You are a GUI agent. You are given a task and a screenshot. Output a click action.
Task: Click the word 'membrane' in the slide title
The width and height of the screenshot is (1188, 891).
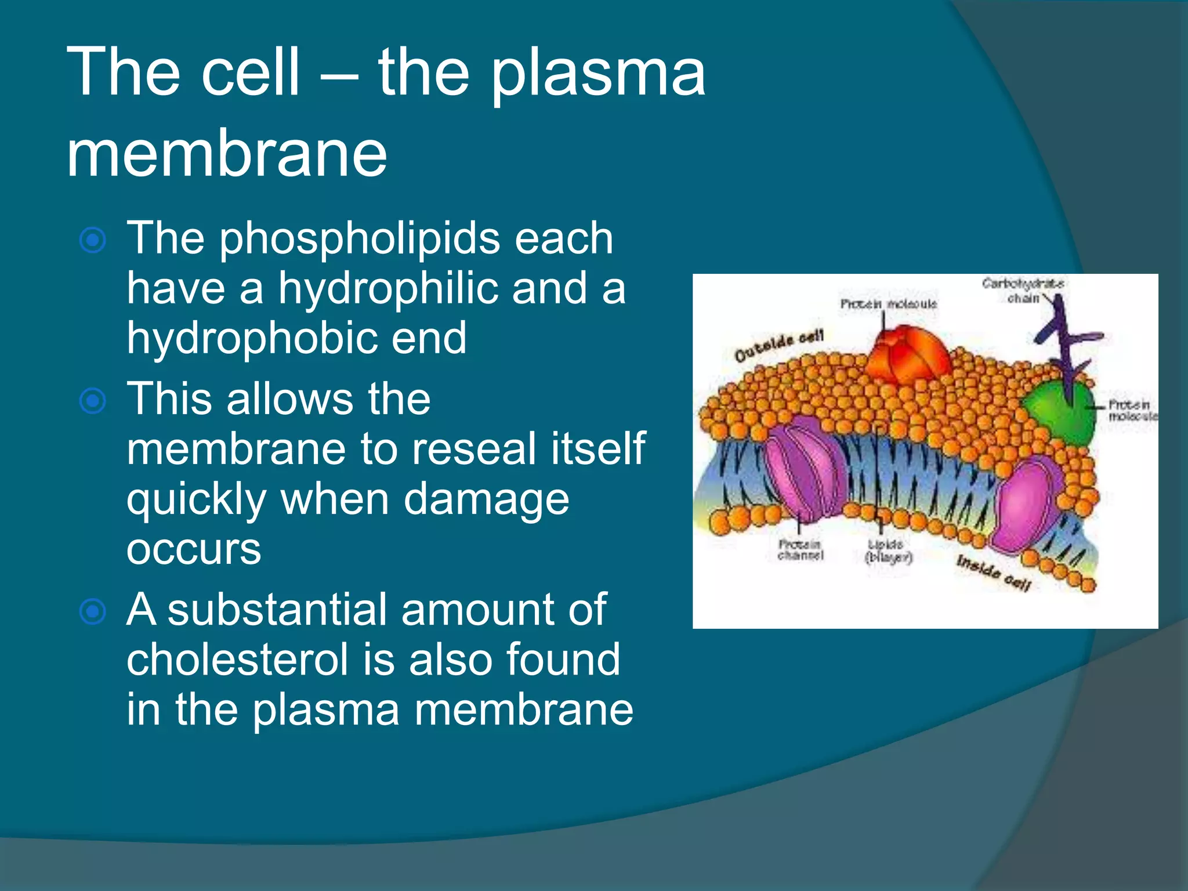click(226, 154)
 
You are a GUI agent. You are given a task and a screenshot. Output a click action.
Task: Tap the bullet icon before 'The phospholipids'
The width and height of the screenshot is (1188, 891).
click(93, 240)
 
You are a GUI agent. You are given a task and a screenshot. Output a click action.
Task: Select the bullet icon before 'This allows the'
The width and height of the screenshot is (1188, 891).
click(93, 401)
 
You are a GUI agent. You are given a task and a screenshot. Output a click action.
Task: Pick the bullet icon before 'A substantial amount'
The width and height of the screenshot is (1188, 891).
click(93, 611)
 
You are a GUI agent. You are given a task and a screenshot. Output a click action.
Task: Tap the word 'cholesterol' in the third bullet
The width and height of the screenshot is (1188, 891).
click(238, 660)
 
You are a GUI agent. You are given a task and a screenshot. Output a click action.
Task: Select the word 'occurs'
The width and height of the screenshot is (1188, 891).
click(194, 549)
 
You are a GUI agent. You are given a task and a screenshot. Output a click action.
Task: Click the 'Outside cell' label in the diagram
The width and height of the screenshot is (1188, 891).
click(778, 346)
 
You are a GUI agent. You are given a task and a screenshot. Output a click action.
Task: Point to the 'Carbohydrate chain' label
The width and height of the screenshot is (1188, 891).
click(1022, 290)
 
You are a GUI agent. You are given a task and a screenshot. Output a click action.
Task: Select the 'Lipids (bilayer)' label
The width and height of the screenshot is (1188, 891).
click(888, 551)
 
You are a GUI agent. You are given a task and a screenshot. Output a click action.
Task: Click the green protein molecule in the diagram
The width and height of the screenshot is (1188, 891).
click(1059, 412)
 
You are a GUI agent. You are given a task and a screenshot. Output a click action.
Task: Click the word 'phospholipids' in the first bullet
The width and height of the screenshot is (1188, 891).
click(359, 238)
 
